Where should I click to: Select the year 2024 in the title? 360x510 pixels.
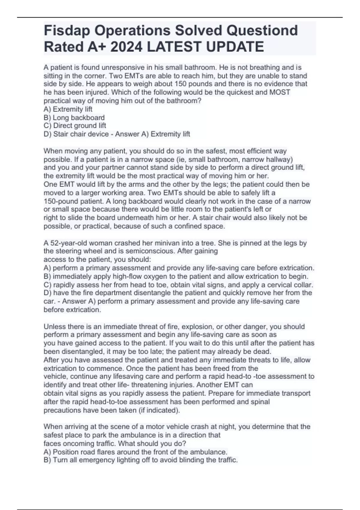(x=126, y=47)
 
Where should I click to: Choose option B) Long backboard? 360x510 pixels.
(x=74, y=118)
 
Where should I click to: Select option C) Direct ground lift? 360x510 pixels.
(x=75, y=126)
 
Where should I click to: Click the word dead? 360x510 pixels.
(x=264, y=352)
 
